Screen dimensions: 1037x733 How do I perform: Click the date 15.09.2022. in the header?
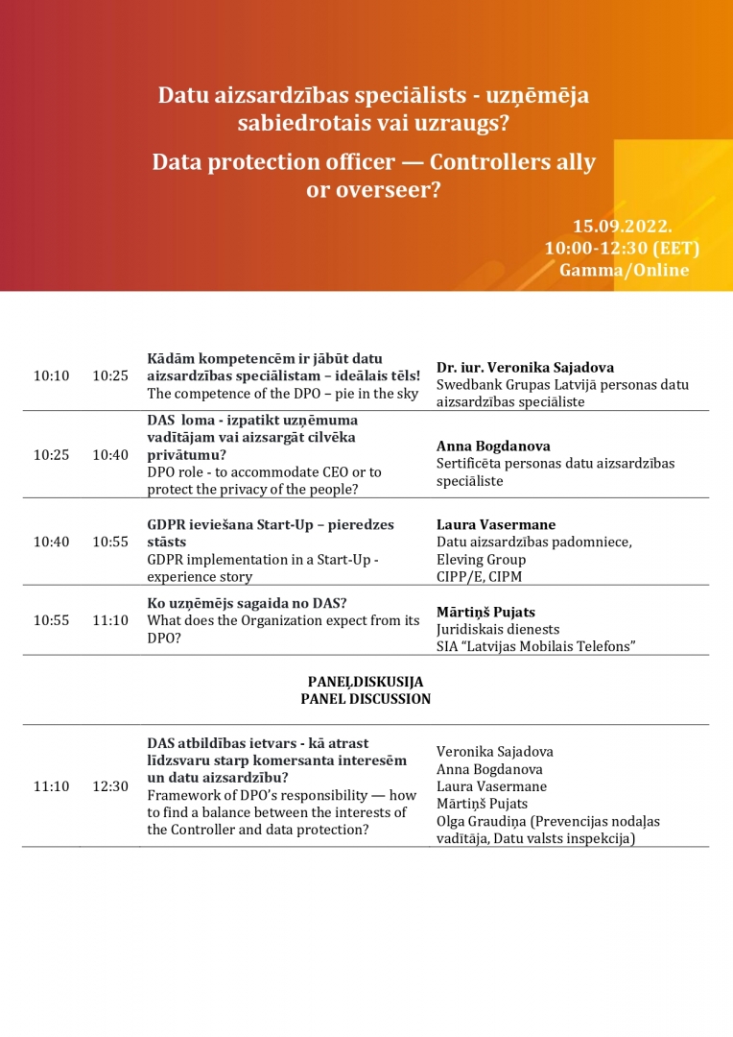tap(622, 227)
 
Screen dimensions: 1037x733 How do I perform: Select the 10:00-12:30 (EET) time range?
tap(622, 249)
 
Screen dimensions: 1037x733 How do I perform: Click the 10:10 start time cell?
tap(52, 375)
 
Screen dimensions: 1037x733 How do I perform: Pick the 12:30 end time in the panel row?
tap(110, 786)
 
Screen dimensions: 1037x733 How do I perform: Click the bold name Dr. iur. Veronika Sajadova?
tap(525, 368)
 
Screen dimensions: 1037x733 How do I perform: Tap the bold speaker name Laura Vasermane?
tap(496, 525)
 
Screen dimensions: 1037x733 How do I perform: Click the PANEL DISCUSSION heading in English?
tap(366, 699)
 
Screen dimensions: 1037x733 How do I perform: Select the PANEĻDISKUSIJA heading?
tap(366, 682)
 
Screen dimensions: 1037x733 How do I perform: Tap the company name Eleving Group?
tap(481, 560)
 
